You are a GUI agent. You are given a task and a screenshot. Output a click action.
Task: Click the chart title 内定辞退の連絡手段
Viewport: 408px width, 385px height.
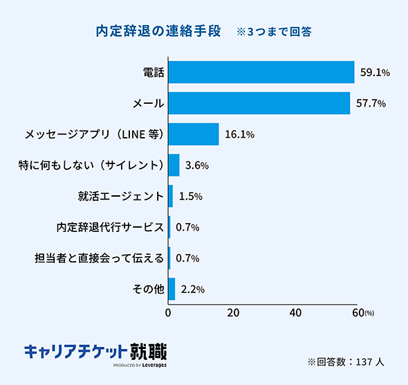coord(158,31)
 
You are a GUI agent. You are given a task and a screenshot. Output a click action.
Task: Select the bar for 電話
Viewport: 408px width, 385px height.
coord(261,71)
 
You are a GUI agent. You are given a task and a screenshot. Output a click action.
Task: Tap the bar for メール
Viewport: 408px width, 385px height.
coord(259,103)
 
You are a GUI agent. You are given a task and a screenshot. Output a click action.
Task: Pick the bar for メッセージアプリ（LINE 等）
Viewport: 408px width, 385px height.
coord(194,134)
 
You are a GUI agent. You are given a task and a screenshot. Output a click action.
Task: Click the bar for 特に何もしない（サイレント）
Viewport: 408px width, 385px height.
coord(174,165)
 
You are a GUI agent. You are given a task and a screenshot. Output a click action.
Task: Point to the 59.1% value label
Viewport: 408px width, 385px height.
coord(375,72)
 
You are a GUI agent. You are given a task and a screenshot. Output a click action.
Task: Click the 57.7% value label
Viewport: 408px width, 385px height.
coord(371,104)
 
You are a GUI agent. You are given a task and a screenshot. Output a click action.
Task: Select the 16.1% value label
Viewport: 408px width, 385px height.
coord(240,135)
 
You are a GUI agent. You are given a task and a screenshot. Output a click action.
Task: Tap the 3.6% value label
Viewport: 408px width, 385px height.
coord(197,166)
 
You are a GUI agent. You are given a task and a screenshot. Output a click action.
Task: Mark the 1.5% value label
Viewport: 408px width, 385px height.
coord(190,197)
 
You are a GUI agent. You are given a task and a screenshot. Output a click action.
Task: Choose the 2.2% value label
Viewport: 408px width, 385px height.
coord(193,289)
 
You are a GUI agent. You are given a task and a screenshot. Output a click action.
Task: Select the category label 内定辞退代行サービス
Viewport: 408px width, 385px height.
coord(110,227)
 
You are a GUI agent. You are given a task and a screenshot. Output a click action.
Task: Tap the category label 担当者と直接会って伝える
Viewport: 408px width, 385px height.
coord(99,258)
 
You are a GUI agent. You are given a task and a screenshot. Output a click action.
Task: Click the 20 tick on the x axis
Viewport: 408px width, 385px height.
coord(233,313)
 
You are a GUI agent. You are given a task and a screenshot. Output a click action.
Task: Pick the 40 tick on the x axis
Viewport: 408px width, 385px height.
coord(296,313)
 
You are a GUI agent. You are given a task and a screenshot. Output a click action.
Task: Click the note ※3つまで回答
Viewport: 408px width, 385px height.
coord(274,32)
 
